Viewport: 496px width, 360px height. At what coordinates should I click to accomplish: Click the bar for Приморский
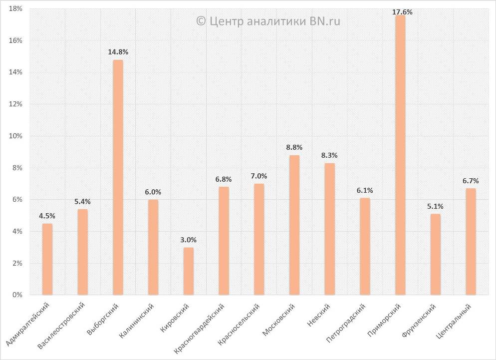coord(400,155)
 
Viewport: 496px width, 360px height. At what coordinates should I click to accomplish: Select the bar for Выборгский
coord(118,177)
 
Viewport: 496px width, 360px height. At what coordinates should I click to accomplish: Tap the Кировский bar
coord(189,271)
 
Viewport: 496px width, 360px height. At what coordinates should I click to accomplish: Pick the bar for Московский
coord(294,225)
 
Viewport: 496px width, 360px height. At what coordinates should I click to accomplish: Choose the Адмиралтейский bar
coord(47,259)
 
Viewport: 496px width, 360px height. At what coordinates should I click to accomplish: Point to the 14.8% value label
coord(118,51)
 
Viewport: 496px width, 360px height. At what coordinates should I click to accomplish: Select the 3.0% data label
coord(189,240)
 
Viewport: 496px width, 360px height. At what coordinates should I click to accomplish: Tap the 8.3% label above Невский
coord(330,156)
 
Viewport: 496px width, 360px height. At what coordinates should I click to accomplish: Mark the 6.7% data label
coord(471,181)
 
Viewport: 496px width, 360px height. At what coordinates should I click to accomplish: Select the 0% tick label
coord(18,295)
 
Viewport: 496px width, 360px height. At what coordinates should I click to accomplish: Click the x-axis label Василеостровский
coord(62,325)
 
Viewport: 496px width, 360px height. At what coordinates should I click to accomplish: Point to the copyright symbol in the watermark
coord(201,21)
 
